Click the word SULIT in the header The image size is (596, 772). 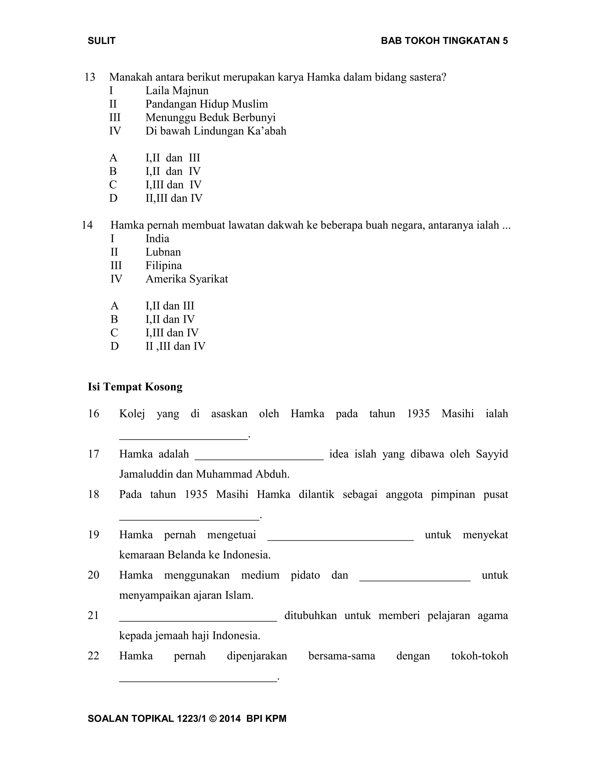click(101, 41)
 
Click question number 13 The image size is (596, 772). click(90, 77)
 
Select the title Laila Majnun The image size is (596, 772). click(177, 91)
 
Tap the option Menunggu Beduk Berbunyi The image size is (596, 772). click(210, 118)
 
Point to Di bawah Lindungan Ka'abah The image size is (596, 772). click(216, 131)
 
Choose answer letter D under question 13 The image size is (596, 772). click(113, 198)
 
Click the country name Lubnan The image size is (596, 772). click(163, 252)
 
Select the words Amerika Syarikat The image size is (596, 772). click(187, 279)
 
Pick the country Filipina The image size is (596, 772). click(164, 266)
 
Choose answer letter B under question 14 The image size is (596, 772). click(114, 320)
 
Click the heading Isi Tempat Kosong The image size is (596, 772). click(135, 387)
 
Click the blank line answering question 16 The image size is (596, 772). click(184, 437)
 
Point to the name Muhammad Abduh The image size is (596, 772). click(243, 474)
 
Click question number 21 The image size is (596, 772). click(93, 615)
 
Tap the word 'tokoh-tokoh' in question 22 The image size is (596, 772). click(479, 656)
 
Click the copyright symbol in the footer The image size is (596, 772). click(212, 719)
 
